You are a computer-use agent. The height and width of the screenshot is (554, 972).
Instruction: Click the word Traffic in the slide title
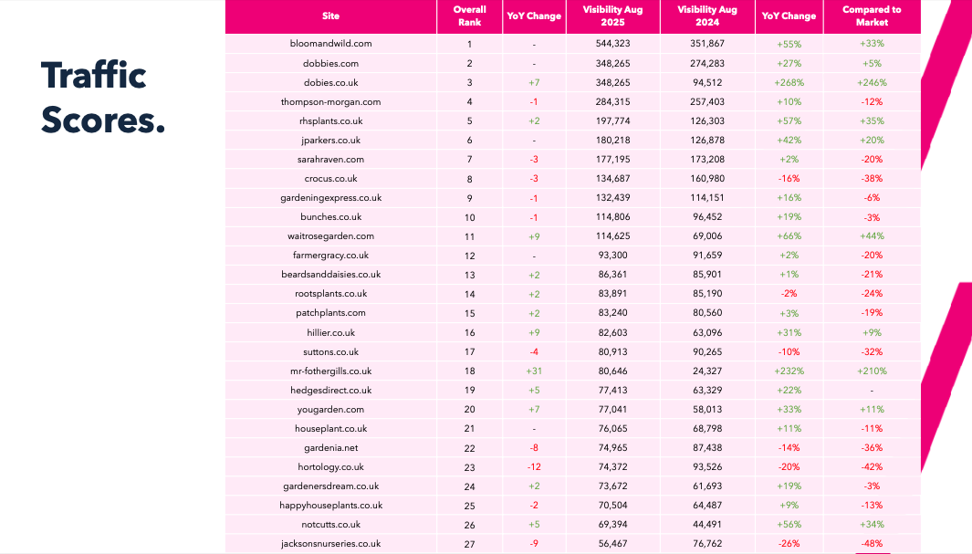point(93,76)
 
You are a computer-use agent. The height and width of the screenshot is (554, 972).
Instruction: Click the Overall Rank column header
point(469,16)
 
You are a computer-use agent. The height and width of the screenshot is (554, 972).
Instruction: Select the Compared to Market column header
point(872,16)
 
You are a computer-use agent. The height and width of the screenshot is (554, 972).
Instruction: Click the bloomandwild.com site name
point(330,44)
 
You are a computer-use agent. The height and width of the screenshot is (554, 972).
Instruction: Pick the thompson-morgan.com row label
point(330,101)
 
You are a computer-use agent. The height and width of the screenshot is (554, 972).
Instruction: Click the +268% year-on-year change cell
point(789,82)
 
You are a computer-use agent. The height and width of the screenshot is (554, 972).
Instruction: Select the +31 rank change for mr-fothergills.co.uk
point(534,371)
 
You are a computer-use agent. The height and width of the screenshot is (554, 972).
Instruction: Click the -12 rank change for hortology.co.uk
point(534,467)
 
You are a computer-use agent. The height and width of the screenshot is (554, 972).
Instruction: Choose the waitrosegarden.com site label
point(330,236)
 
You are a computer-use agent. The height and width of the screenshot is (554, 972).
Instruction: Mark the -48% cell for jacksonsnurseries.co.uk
point(872,544)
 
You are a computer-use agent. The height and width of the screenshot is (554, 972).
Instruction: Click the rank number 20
point(469,410)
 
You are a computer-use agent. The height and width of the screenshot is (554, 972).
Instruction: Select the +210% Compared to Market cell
point(872,371)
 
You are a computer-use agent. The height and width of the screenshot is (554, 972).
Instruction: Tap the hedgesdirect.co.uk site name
point(330,391)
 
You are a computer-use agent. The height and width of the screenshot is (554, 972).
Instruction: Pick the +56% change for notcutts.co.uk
point(789,525)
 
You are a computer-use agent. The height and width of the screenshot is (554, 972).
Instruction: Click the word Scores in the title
point(103,120)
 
